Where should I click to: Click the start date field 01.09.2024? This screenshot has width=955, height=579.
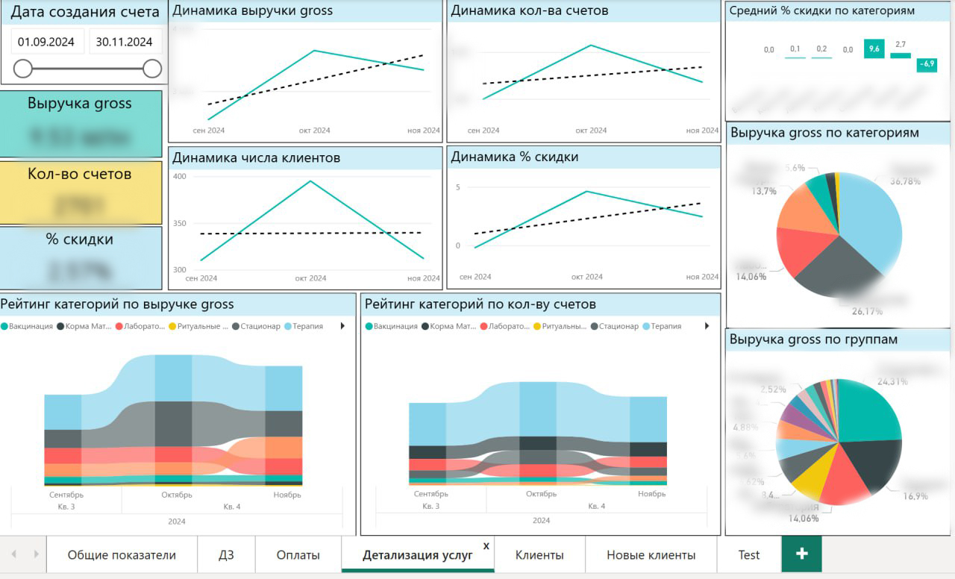coord(46,43)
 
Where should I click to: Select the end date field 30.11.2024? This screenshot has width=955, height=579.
coord(125,43)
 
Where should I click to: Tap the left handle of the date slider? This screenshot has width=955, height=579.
coord(23,69)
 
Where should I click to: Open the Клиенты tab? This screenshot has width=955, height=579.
coord(539,555)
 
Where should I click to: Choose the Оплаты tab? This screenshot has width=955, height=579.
coord(298,555)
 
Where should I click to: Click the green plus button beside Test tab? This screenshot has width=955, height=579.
coord(802,554)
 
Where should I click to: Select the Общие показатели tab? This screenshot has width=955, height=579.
coord(122,555)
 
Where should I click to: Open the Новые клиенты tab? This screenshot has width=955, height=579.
coord(651,555)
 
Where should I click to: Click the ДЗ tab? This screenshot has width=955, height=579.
coord(226,555)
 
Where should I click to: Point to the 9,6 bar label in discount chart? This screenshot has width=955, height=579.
coord(873,49)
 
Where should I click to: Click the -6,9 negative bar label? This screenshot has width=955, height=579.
coord(927,64)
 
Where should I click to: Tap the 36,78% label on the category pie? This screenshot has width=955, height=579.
coord(905,181)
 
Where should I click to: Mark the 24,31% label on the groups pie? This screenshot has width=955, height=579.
coord(892,381)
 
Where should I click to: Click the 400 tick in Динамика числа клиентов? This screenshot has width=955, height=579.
coord(179,177)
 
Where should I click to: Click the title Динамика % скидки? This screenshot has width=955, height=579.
coord(515,157)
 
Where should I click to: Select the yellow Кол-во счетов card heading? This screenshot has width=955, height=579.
coord(80,174)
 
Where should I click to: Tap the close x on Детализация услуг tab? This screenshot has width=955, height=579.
coord(486,546)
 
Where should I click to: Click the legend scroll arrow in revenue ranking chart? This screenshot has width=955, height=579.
coord(342,326)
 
